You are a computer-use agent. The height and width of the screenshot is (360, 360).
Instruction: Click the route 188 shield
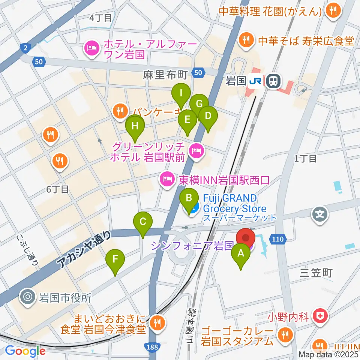tap(153, 347)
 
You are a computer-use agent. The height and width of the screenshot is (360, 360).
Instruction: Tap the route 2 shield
tap(24, 48)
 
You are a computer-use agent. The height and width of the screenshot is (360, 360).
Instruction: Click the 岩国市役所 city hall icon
tap(28, 298)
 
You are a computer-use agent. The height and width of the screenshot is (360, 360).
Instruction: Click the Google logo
tap(25, 351)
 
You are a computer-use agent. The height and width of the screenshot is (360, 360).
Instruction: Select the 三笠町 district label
tap(316, 273)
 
